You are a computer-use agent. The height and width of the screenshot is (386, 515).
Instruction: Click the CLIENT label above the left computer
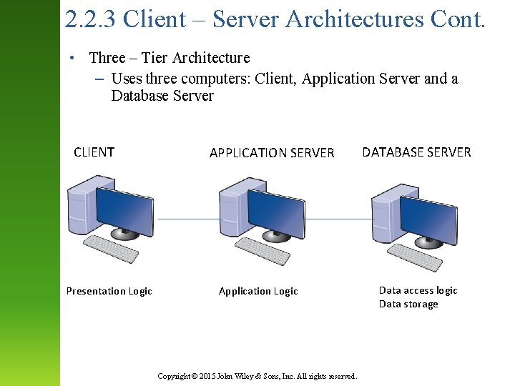[x=94, y=152]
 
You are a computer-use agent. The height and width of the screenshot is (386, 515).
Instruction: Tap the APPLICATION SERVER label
[x=272, y=153]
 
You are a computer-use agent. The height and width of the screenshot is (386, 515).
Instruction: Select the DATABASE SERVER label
[x=416, y=152]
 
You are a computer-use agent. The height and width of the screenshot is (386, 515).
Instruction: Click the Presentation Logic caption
[x=109, y=291]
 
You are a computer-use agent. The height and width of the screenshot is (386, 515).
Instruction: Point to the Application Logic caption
[x=258, y=291]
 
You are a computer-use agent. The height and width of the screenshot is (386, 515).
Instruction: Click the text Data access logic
[x=418, y=290]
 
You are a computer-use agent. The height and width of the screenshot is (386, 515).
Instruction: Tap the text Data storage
[x=408, y=305]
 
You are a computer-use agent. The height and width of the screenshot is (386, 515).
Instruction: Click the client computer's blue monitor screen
[x=124, y=209]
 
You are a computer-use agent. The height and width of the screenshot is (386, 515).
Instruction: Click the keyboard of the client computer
[x=111, y=248]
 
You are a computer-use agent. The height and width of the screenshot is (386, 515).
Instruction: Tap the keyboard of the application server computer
[x=263, y=250]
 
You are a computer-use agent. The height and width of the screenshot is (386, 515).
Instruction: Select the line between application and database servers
[x=336, y=219]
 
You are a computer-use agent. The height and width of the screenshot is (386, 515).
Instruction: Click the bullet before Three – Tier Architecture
[x=74, y=58]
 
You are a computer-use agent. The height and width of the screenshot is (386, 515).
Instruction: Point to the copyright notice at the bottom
[x=257, y=376]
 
